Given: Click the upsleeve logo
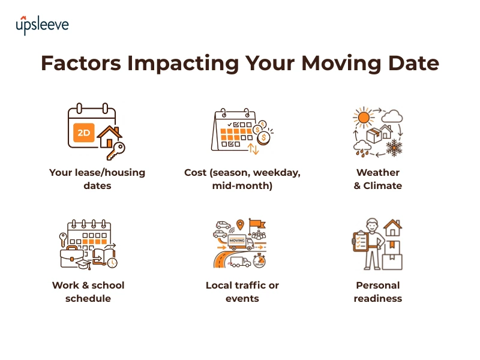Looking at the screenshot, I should pos(42,25).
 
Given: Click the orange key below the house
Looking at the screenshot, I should pos(116,151).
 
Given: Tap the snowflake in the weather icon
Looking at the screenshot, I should pos(394,148).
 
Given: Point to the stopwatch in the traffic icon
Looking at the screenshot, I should pos(260,262).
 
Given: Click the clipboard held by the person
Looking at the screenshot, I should pos(361,243).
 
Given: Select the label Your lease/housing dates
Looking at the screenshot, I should pos(97,179).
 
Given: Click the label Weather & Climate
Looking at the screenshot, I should pos(377,179).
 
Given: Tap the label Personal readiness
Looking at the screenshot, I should pos(377,292).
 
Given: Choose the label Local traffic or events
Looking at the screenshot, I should pos(242,292).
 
